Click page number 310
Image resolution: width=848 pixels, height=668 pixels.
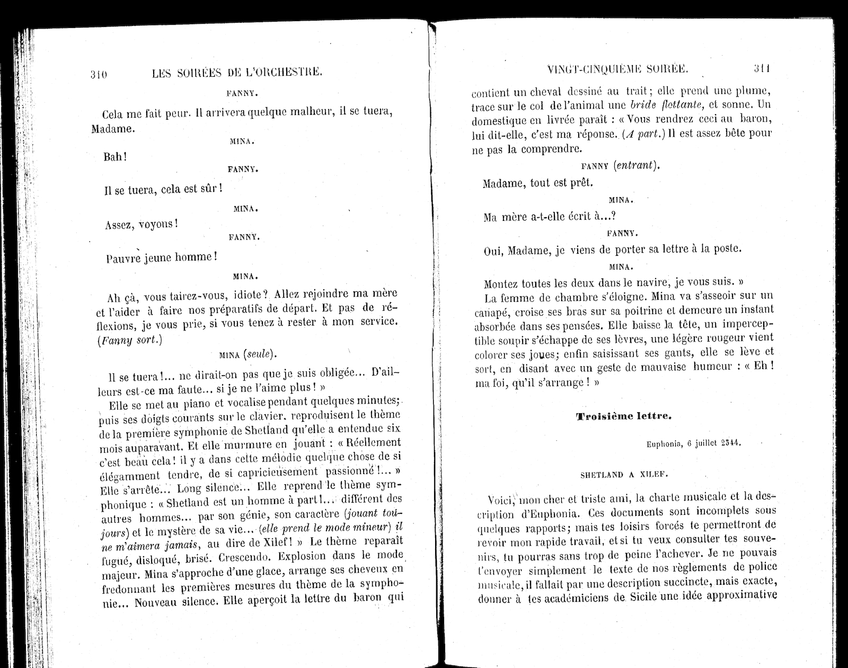pos(99,74)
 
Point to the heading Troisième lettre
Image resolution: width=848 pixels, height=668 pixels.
pos(624,416)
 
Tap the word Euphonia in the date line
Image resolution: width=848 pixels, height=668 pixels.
pos(664,444)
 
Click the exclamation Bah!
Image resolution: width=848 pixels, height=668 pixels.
pos(115,157)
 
